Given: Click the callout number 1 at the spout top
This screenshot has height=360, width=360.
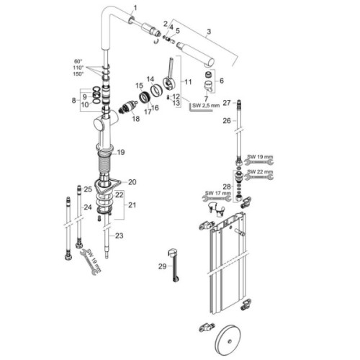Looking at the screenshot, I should [132, 6].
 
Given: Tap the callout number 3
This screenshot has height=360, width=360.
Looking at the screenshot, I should [208, 32].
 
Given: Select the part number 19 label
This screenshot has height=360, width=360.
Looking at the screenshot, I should [121, 152].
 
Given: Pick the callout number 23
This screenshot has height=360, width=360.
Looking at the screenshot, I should [120, 235].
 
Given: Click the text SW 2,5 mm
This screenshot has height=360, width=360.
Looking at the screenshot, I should [204, 106].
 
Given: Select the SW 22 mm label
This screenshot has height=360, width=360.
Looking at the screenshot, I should [260, 173].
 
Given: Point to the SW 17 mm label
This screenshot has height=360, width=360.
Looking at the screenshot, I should [216, 192].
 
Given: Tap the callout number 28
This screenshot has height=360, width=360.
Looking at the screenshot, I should [228, 187].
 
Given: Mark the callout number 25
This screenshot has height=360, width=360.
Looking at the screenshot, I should [88, 189].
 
